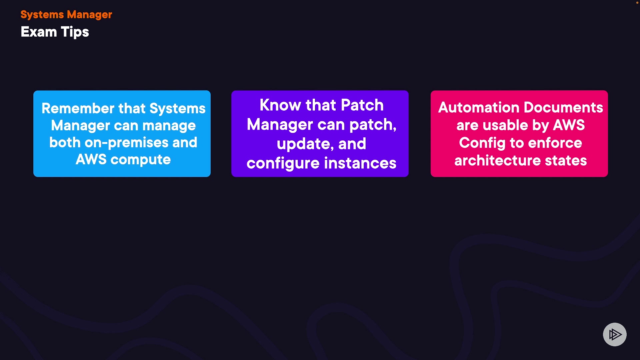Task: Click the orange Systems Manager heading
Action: [x=66, y=15]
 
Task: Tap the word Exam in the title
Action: [x=39, y=32]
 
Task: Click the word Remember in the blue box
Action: [x=78, y=108]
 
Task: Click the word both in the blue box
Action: [x=65, y=142]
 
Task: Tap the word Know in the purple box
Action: [x=280, y=105]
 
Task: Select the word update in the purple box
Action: [x=305, y=144]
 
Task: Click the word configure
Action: [x=283, y=163]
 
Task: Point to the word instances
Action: [x=360, y=163]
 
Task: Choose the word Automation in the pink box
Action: [x=479, y=107]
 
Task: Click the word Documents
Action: [x=563, y=107]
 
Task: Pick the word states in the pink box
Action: [x=566, y=161]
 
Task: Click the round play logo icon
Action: [x=615, y=334]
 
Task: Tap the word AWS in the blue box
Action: [x=91, y=159]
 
